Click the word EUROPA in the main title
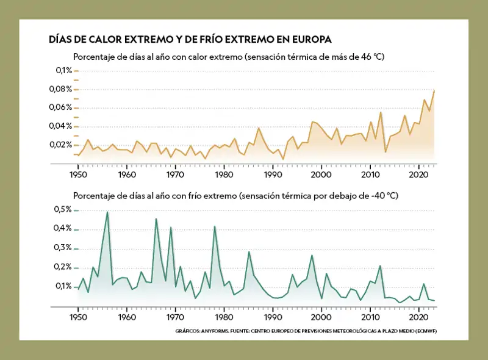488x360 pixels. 310,40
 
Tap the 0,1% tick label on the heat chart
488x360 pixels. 63,71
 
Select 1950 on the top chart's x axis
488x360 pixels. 77,175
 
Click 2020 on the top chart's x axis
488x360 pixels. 419,175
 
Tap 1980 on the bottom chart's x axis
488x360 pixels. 224,318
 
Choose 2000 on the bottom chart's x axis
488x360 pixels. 321,318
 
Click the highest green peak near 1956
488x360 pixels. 107,212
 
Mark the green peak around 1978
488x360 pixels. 214,226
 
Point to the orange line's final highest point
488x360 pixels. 434,90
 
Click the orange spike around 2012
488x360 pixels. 381,112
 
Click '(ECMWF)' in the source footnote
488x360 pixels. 426,331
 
